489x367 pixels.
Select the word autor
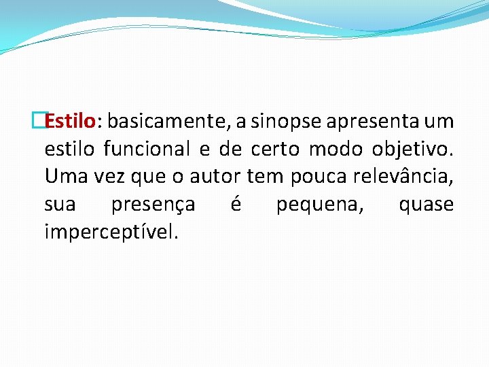click(215, 177)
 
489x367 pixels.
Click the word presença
click(153, 205)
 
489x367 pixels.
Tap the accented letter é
click(236, 204)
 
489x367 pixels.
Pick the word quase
click(426, 205)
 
